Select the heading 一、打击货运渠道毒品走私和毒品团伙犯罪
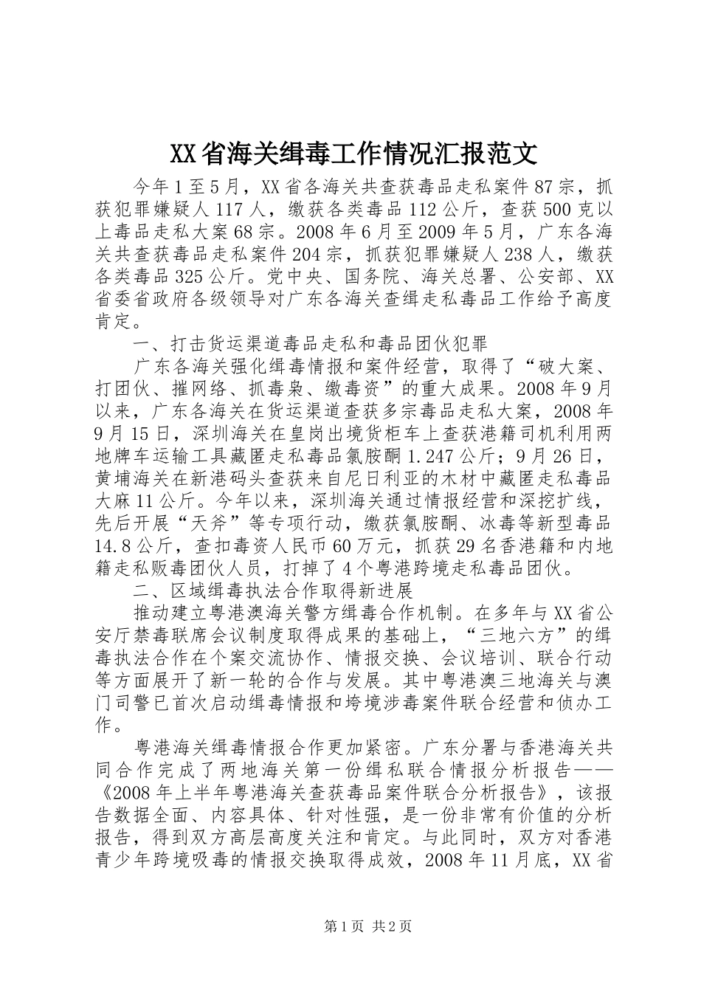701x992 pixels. pyautogui.click(x=310, y=345)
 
